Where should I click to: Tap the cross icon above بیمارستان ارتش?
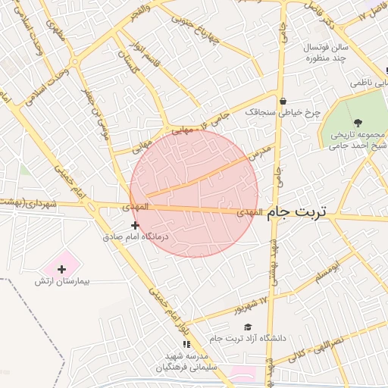61,268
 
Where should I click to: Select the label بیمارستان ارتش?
61,281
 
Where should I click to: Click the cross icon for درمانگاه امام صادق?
135,225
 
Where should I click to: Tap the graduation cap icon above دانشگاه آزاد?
248,327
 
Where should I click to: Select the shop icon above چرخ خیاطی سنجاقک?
283,101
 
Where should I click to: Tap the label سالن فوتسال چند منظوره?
326,52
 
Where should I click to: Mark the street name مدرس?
262,153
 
